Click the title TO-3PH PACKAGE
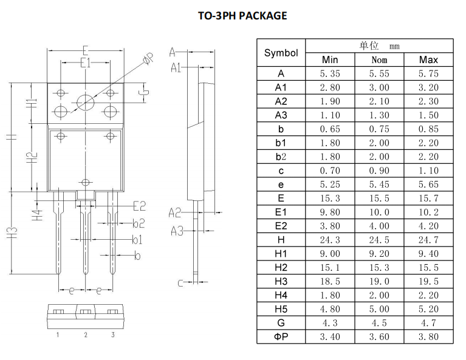pyautogui.click(x=242, y=16)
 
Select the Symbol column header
pyautogui.click(x=281, y=53)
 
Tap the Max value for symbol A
pyautogui.click(x=428, y=73)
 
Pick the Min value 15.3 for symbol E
pyautogui.click(x=330, y=199)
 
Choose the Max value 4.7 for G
pyautogui.click(x=428, y=323)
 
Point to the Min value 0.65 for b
pyautogui.click(x=330, y=129)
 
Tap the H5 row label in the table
pyautogui.click(x=281, y=309)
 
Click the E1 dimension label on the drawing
pyautogui.click(x=85, y=63)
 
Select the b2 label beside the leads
pyautogui.click(x=139, y=223)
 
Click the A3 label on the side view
pyautogui.click(x=176, y=231)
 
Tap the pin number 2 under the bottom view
pyautogui.click(x=86, y=335)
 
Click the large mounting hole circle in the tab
pyautogui.click(x=86, y=102)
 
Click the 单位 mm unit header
pyautogui.click(x=379, y=46)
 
